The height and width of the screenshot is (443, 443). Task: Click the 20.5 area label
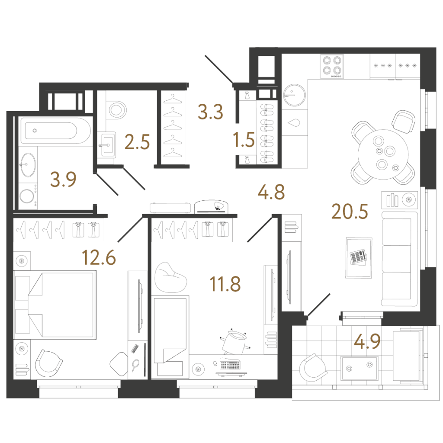pyautogui.click(x=350, y=212)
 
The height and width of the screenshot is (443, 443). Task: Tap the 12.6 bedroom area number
pyautogui.click(x=99, y=257)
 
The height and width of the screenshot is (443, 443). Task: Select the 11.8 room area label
pyautogui.click(x=225, y=284)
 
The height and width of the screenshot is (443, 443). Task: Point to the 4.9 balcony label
pyautogui.click(x=367, y=341)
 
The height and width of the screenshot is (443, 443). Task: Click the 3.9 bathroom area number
pyautogui.click(x=63, y=180)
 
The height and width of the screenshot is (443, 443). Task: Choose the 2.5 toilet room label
pyautogui.click(x=137, y=141)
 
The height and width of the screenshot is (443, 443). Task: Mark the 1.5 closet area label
pyautogui.click(x=244, y=140)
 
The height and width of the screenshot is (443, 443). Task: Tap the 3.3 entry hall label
pyautogui.click(x=211, y=112)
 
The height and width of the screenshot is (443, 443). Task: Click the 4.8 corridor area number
pyautogui.click(x=271, y=192)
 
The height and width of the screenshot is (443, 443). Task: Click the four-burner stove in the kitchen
pyautogui.click(x=332, y=67)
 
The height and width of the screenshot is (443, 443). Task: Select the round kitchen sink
pyautogui.click(x=294, y=95)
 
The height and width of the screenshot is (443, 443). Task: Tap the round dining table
pyautogui.click(x=383, y=154)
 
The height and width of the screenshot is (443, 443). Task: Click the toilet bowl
pyautogui.click(x=117, y=110)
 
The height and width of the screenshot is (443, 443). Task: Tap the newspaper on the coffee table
pyautogui.click(x=358, y=257)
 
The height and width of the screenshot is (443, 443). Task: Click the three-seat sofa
pyautogui.click(x=399, y=259)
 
